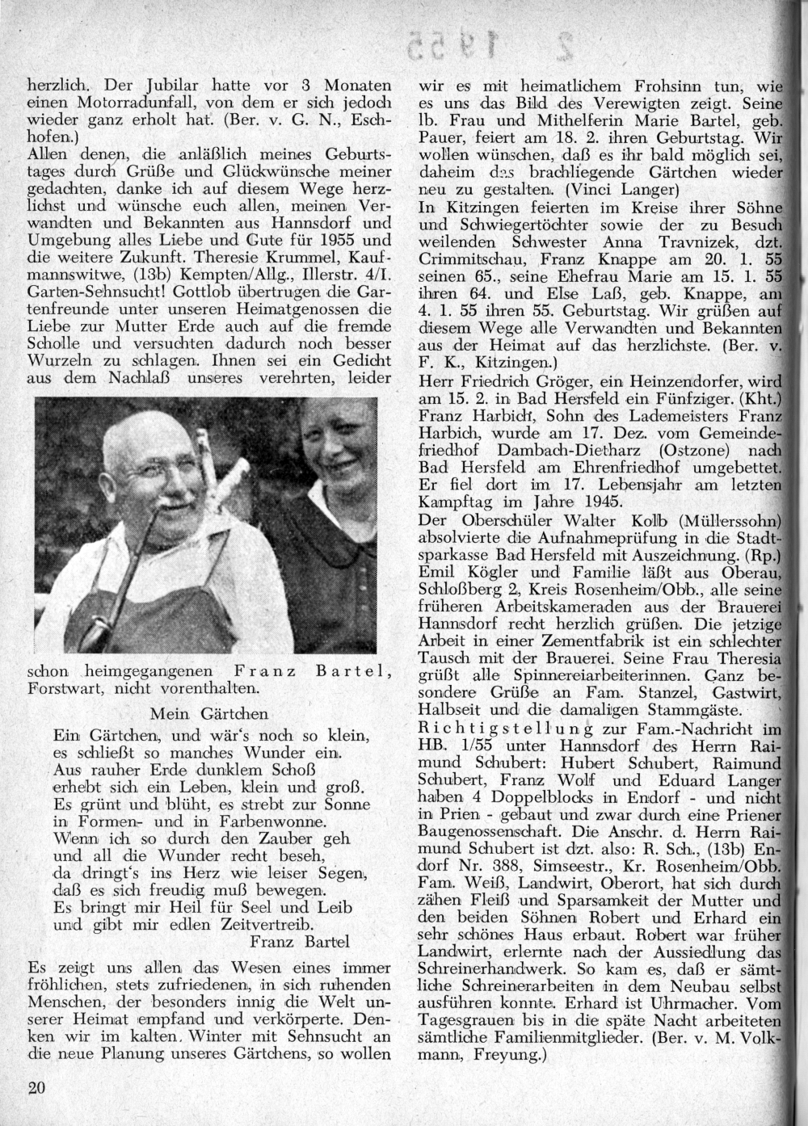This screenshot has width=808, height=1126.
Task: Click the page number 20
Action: pyautogui.click(x=36, y=1088)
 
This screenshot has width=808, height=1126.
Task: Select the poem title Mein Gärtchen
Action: pyautogui.click(x=209, y=713)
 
